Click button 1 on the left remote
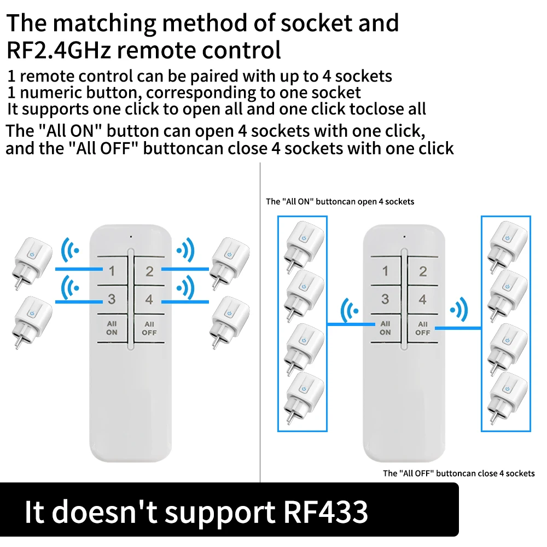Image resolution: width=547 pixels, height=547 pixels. click(x=112, y=271)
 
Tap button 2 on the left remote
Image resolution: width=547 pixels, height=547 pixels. click(x=149, y=271)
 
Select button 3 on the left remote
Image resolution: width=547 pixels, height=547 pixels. click(x=112, y=299)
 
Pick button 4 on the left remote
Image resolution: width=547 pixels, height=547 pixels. click(x=149, y=299)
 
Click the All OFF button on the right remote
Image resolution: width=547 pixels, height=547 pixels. click(x=422, y=328)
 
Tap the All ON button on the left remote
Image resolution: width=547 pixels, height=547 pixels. click(x=112, y=328)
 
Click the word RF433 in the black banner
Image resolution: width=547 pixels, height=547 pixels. click(x=325, y=512)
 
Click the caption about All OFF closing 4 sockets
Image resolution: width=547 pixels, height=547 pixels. click(x=459, y=473)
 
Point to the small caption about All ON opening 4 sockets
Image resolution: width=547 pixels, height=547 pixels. click(x=340, y=202)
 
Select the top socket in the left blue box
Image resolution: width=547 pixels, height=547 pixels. click(x=304, y=246)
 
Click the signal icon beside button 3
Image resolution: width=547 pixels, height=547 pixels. click(x=70, y=288)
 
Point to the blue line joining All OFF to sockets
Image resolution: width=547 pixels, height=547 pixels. click(x=458, y=328)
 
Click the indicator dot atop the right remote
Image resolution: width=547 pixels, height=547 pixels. click(x=404, y=237)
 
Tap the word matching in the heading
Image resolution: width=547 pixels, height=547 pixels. click(x=104, y=24)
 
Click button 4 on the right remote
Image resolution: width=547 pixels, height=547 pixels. click(x=422, y=299)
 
